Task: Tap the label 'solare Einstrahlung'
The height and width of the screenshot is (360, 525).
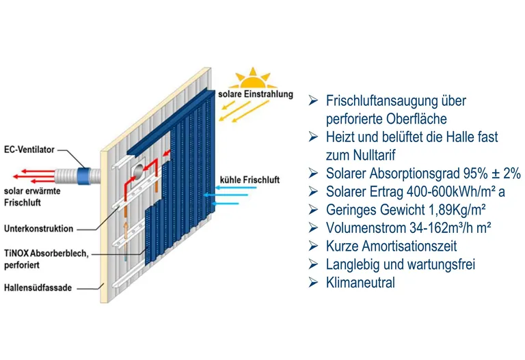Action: (x=255, y=94)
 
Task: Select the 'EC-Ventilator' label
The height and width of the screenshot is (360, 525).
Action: (x=29, y=148)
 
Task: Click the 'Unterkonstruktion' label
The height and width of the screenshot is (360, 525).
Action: (x=38, y=229)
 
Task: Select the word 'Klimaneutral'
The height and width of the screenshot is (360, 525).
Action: (x=360, y=282)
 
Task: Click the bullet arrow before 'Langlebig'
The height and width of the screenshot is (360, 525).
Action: (x=313, y=264)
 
